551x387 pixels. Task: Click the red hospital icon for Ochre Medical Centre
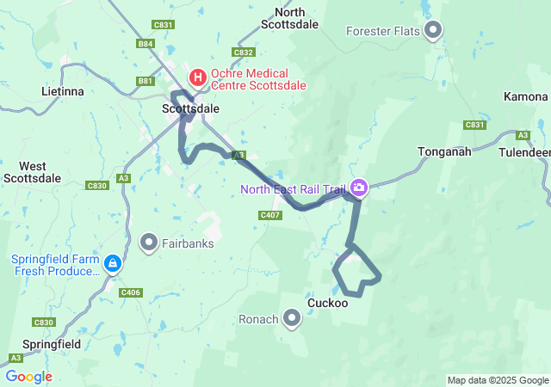tap(199, 77)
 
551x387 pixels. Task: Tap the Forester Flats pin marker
tap(433, 32)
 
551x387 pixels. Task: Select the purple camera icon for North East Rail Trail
tap(358, 187)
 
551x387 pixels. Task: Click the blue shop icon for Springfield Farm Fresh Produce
tap(112, 261)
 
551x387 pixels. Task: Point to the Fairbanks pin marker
tap(149, 243)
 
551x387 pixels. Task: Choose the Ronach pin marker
tap(292, 320)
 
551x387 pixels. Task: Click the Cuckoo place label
tap(327, 303)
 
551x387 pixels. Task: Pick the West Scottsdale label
tap(33, 172)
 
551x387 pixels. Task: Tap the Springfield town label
tap(46, 343)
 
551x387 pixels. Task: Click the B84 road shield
tap(145, 43)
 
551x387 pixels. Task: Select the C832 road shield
tap(244, 52)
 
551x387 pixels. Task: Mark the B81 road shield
tap(145, 81)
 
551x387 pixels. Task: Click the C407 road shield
tap(269, 215)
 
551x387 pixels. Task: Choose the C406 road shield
tap(131, 292)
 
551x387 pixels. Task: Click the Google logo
tap(28, 377)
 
